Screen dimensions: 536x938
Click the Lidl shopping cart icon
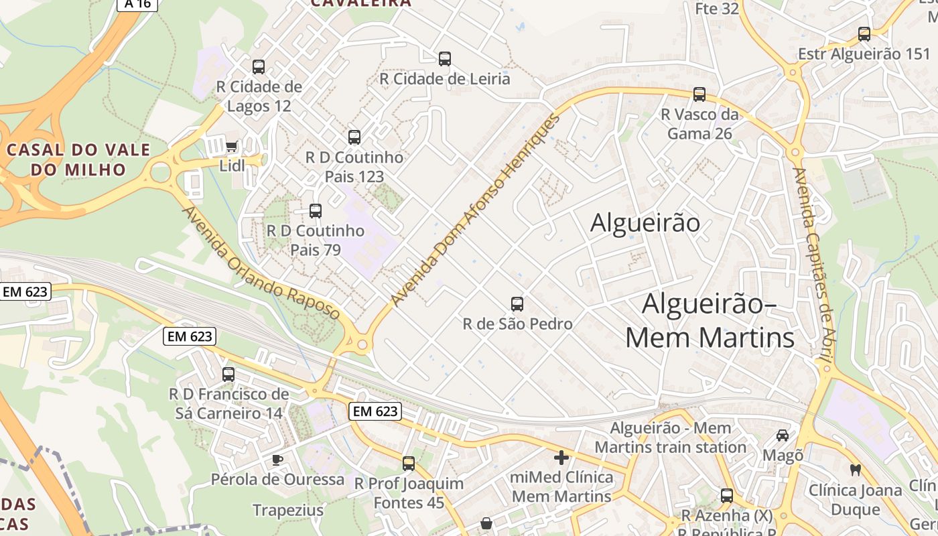tap(232, 146)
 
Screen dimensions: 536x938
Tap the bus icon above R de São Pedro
tap(517, 304)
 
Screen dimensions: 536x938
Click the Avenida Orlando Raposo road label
tap(261, 263)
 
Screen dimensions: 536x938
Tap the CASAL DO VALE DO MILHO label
tap(78, 159)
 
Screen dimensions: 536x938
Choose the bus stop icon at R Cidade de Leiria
tap(445, 59)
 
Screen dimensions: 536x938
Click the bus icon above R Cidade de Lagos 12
tap(259, 67)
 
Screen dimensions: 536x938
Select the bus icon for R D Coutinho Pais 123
tap(354, 137)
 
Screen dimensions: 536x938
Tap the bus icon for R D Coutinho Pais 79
tap(316, 211)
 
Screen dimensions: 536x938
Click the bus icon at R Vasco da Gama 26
tap(699, 94)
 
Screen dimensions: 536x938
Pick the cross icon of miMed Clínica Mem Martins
tap(561, 458)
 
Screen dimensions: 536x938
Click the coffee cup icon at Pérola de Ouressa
tap(277, 460)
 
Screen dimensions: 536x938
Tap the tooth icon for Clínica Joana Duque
tap(855, 470)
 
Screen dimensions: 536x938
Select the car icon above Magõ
tap(783, 435)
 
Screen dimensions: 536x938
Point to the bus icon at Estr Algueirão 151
tap(864, 33)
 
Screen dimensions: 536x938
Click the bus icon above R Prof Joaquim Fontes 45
tap(409, 463)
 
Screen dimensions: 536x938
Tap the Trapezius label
tap(288, 511)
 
